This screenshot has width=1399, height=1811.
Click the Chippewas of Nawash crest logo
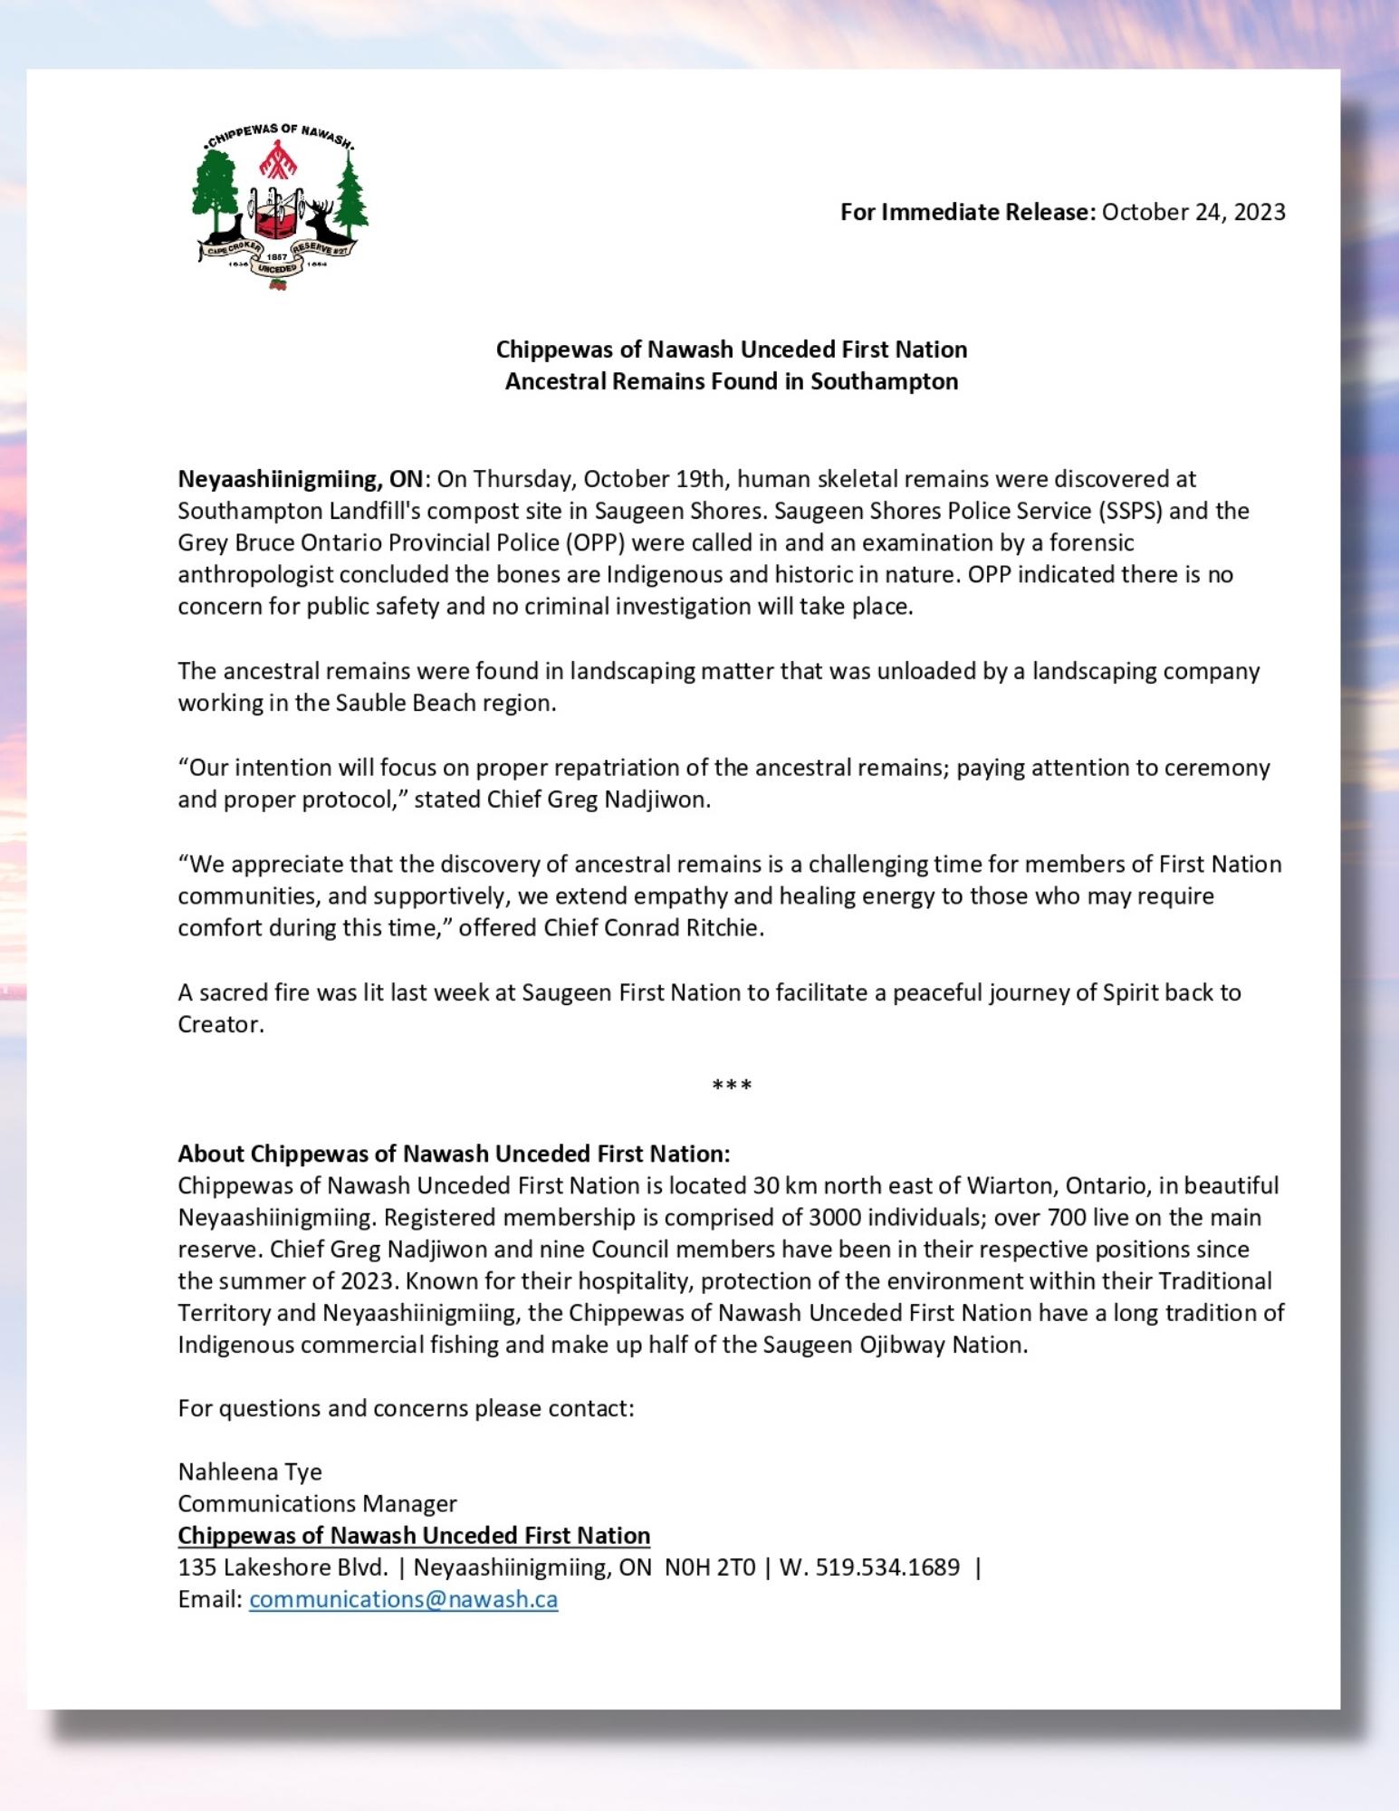tap(279, 206)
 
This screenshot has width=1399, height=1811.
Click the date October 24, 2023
tap(1193, 212)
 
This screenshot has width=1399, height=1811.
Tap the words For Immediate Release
tap(967, 212)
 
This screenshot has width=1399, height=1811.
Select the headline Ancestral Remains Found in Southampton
tap(731, 381)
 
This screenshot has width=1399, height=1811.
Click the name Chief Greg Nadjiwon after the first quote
tap(599, 800)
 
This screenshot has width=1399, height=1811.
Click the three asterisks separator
tap(731, 1085)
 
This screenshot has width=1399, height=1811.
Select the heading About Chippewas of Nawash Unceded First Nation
tap(454, 1154)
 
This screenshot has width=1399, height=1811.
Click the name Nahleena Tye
tap(250, 1471)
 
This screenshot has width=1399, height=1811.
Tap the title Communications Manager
tap(317, 1503)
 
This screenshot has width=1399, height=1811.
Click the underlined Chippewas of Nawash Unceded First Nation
tap(414, 1535)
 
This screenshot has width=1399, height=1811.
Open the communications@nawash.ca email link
tap(403, 1599)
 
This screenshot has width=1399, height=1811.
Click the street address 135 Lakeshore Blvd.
tap(283, 1567)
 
